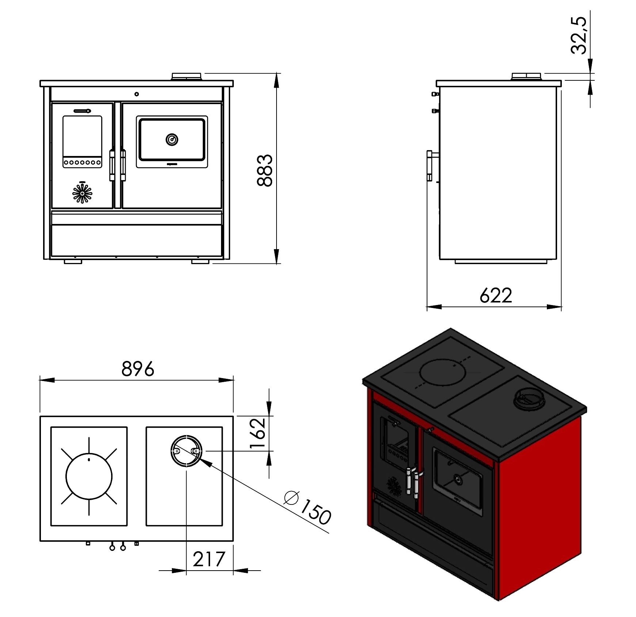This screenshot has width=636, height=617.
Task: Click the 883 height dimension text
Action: [x=265, y=171]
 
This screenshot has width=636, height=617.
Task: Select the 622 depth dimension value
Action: [x=496, y=295]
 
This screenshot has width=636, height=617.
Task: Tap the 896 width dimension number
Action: [x=138, y=369]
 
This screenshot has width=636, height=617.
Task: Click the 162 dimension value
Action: [x=258, y=434]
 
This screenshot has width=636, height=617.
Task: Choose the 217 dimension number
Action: [x=209, y=559]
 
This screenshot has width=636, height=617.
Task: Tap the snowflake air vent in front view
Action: [x=82, y=193]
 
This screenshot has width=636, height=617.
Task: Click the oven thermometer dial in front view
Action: [x=172, y=139]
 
